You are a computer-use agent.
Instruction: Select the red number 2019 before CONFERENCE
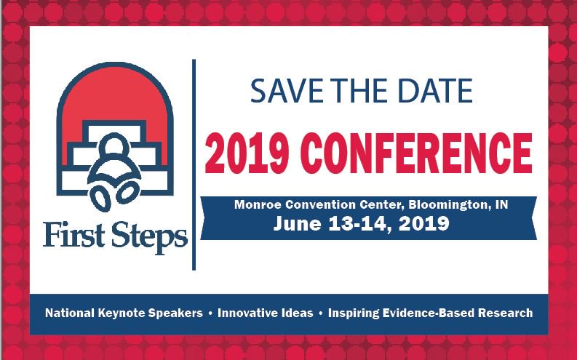pyautogui.click(x=245, y=153)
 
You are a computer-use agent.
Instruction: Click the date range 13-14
pyautogui.click(x=356, y=224)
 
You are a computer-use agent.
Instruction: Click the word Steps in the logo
pyautogui.click(x=149, y=237)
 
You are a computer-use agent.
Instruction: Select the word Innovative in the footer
pyautogui.click(x=247, y=313)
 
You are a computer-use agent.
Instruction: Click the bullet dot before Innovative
pyautogui.click(x=210, y=313)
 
